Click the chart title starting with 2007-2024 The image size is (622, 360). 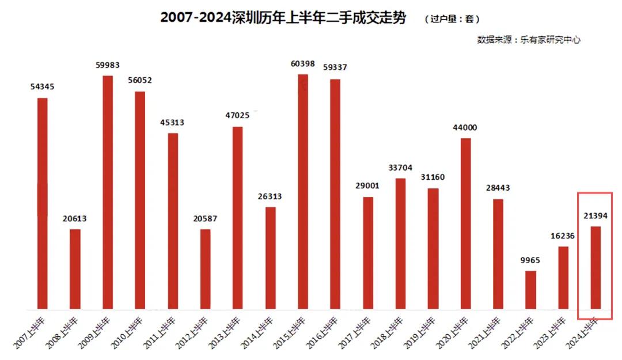coord(283,18)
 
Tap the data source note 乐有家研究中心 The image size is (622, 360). coord(528,40)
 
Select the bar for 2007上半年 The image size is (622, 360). coord(42,203)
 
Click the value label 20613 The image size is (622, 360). coord(75,219)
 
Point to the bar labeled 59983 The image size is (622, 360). coord(108,192)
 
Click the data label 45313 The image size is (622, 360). coord(173,123)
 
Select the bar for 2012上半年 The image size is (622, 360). coord(206,268)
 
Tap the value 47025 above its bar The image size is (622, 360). coord(238,116)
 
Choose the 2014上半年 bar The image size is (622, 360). coord(271,257)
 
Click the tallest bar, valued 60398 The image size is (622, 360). coord(303,191)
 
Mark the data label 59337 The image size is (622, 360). coord(335,68)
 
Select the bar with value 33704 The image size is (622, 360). coord(400,243)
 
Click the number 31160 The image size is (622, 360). coord(433,177)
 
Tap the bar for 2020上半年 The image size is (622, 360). coord(466,223)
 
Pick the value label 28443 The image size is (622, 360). coord(498,188)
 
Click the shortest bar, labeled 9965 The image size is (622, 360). coord(531,289)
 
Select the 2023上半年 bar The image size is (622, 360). coord(563,277)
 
